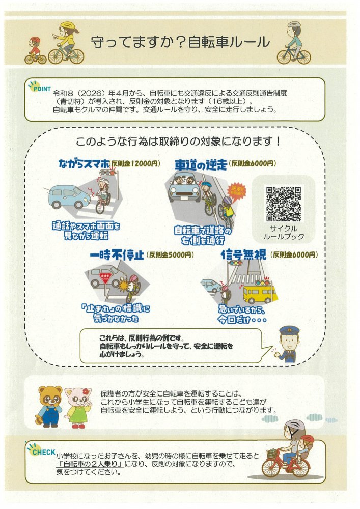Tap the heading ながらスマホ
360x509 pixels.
(x=84, y=163)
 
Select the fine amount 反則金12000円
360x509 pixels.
(x=135, y=163)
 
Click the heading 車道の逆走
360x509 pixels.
(x=201, y=165)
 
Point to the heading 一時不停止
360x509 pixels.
(x=117, y=255)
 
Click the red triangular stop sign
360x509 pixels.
(x=106, y=278)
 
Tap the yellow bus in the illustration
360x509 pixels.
(x=260, y=294)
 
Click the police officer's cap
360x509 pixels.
(x=289, y=331)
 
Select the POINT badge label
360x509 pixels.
(x=42, y=88)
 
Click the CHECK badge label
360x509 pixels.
(x=43, y=451)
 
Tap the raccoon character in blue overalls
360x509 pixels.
(x=49, y=406)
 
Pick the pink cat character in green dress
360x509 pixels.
(x=78, y=407)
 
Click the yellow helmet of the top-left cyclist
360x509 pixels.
(x=68, y=25)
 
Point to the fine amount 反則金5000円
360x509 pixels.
(x=170, y=255)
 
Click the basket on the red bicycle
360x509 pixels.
(x=273, y=454)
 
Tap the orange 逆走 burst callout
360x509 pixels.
(x=236, y=192)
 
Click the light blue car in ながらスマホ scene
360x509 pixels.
(x=69, y=196)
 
